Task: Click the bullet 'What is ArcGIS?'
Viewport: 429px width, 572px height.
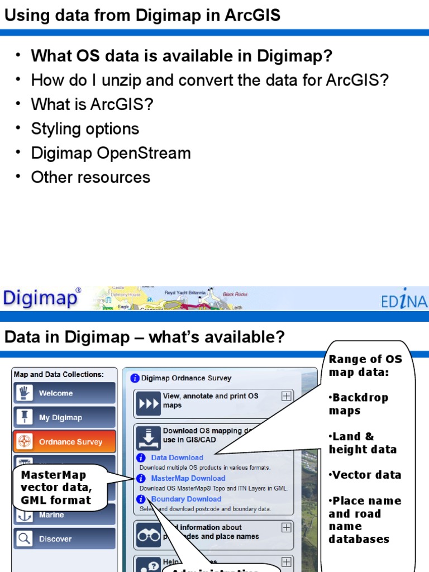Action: point(92,104)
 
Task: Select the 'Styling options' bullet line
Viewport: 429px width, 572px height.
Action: point(85,129)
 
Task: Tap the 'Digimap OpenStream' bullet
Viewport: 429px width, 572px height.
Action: point(111,153)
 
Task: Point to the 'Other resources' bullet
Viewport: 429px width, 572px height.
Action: point(90,178)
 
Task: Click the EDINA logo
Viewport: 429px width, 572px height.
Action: point(404,302)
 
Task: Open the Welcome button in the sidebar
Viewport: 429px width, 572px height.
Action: point(64,393)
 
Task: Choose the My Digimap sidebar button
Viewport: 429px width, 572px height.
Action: point(64,417)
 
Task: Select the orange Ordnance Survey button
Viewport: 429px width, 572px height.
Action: point(64,442)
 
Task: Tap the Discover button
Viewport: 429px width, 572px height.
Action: point(64,539)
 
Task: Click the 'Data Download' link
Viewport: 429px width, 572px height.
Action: point(177,457)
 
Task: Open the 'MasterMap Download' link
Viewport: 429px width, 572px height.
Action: point(188,478)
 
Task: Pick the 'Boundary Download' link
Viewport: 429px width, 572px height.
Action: point(186,499)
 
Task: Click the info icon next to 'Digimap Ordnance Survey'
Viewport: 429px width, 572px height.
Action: point(135,378)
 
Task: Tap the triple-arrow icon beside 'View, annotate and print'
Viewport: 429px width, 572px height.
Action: point(148,404)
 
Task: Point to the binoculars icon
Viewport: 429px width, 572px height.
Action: point(148,536)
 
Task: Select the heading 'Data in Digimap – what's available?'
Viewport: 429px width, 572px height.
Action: point(145,337)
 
